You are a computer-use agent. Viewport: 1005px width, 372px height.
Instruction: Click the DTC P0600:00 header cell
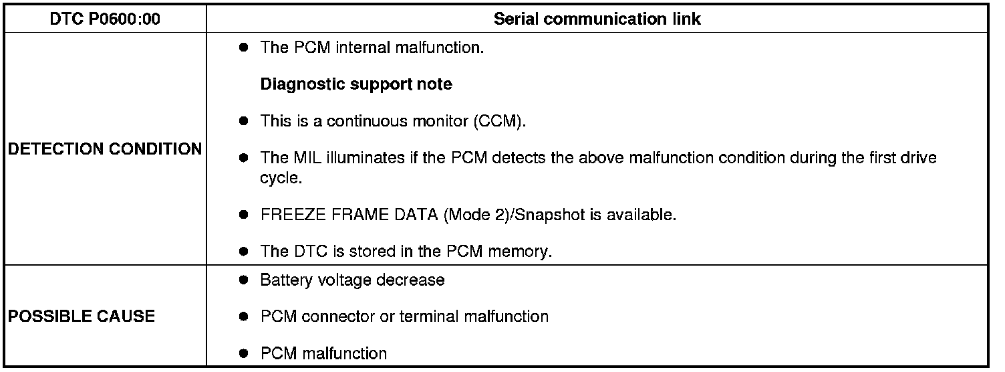tap(105, 19)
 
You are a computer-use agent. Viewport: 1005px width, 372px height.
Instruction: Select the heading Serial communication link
tap(597, 19)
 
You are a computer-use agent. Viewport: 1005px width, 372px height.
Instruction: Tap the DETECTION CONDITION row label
tap(105, 149)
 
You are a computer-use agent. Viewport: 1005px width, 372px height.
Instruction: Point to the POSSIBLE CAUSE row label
tap(82, 316)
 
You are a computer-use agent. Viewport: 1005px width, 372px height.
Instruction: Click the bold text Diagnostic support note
tap(356, 84)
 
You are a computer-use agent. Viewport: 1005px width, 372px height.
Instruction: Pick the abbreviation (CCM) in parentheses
tap(500, 121)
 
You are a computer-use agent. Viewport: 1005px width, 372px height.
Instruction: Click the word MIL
tap(307, 158)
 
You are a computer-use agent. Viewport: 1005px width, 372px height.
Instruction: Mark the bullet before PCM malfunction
tap(244, 353)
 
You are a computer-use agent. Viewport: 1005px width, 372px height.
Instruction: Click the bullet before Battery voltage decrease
tap(244, 280)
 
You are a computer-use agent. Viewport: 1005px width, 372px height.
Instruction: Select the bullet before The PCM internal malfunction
tap(244, 48)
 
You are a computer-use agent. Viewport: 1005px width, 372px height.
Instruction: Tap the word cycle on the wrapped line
tap(281, 178)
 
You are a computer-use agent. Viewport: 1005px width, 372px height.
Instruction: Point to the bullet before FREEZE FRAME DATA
tap(244, 215)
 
